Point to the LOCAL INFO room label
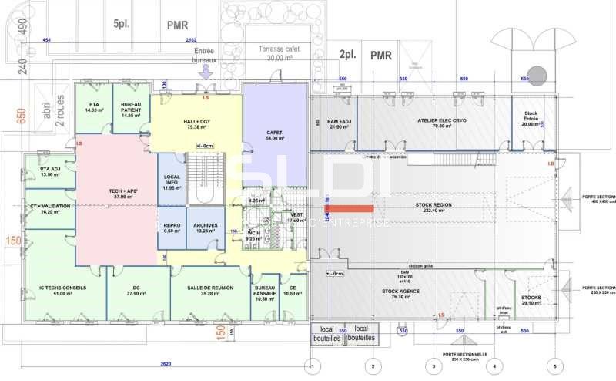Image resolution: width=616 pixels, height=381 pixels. coord(172,183)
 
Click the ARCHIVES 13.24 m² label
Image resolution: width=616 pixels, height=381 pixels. coord(206,228)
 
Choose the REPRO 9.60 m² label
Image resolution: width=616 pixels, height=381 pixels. coord(172,228)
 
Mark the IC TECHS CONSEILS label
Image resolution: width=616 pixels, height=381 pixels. coord(63,290)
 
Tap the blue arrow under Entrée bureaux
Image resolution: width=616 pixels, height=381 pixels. coord(205,72)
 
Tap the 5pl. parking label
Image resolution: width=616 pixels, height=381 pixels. coord(121,24)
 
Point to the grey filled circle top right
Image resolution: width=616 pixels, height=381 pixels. coord(537,75)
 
